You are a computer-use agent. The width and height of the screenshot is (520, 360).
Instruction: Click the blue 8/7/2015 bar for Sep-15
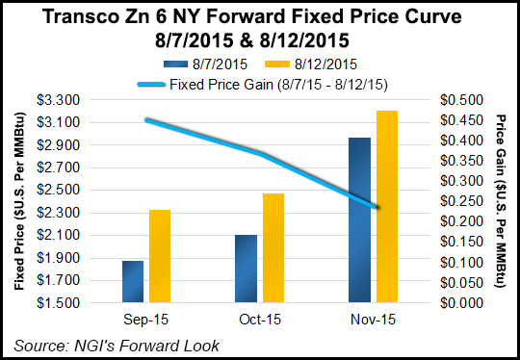pos(133,281)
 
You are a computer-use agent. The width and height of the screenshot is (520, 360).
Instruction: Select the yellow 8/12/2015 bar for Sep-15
pos(160,256)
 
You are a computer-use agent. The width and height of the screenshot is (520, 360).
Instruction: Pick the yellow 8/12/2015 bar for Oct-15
pos(273,247)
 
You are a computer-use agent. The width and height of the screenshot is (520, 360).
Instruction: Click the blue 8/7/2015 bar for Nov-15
pos(359,220)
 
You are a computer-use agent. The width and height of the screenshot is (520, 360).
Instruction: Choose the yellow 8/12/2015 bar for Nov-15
pos(386,207)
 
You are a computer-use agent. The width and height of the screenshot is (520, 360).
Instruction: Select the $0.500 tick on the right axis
pos(460,100)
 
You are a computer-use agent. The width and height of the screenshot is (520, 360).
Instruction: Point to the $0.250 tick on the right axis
pos(460,201)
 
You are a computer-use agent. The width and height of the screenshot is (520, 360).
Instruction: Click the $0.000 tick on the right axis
pos(460,302)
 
